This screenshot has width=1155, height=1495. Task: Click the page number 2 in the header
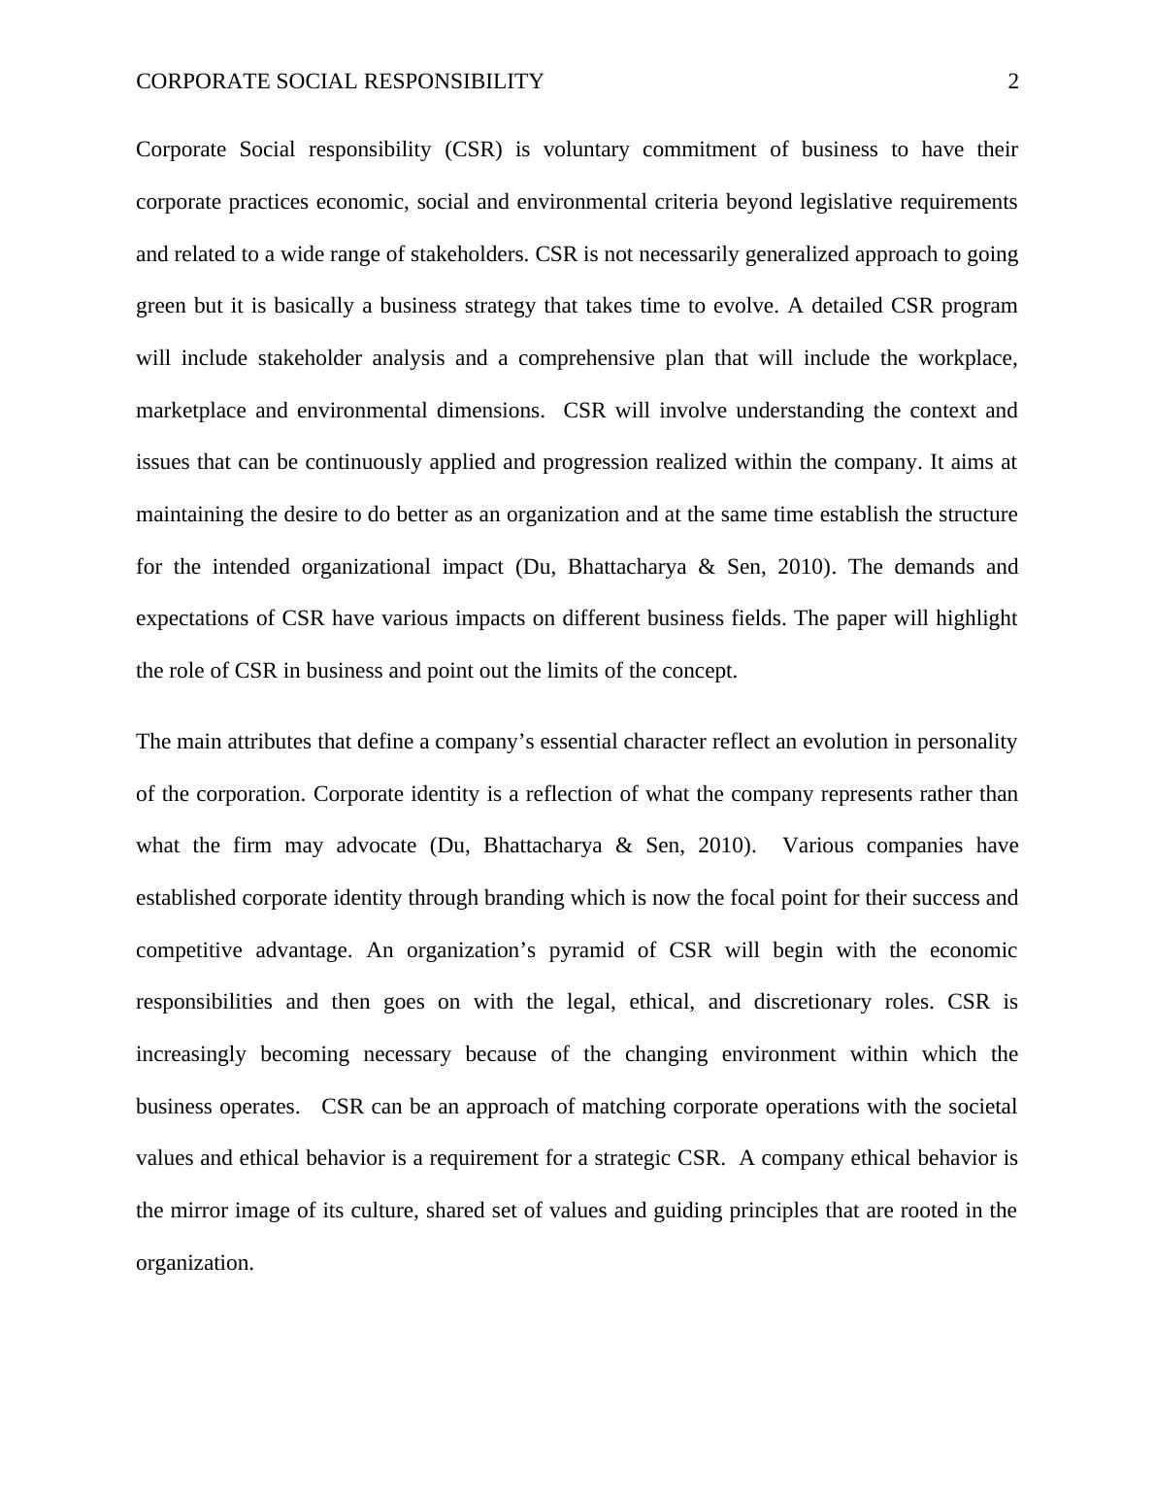pos(1013,82)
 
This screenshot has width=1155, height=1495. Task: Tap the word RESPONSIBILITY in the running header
pos(453,82)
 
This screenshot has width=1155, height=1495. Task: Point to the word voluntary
pos(586,149)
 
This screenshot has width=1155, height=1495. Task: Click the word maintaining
pos(189,515)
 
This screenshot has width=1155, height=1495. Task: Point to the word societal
pos(980,1107)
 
